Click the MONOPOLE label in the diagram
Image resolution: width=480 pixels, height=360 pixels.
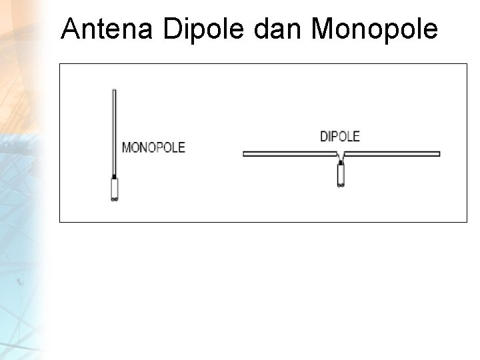(x=153, y=147)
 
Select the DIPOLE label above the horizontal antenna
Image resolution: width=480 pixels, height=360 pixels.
(x=339, y=137)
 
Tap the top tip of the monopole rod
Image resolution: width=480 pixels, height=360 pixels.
(x=115, y=91)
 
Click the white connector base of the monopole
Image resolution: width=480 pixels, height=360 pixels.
(x=115, y=191)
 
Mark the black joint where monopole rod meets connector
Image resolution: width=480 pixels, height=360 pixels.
(x=115, y=178)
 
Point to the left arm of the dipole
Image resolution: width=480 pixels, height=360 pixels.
(x=290, y=154)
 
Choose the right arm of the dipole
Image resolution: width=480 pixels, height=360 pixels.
(x=393, y=154)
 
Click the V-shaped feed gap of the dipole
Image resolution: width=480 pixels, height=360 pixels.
(x=341, y=158)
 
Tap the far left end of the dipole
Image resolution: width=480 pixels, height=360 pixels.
(x=245, y=154)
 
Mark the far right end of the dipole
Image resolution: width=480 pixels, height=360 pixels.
(x=438, y=154)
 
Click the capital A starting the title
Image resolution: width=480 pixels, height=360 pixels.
(x=69, y=29)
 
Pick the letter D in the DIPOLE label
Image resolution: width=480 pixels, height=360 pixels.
(x=323, y=137)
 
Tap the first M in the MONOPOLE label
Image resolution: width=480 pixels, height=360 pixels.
(x=125, y=147)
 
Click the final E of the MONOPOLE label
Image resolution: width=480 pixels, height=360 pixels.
(x=181, y=147)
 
